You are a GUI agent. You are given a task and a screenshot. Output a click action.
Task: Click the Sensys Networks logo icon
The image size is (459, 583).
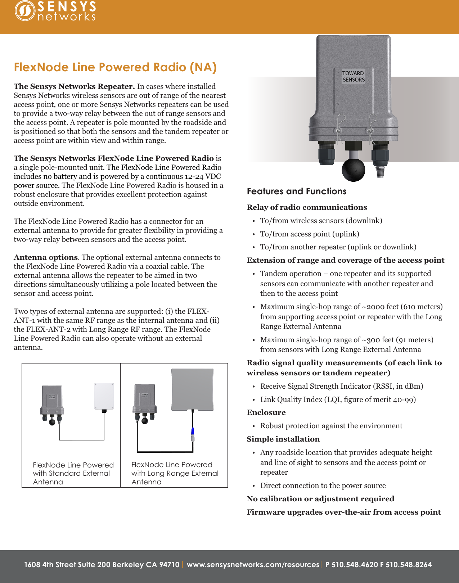point(24,11)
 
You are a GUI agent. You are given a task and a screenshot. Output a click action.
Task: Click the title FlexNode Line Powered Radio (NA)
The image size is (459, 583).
point(115,67)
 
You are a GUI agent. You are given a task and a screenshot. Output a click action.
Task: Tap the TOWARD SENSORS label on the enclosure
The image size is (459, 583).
point(353,76)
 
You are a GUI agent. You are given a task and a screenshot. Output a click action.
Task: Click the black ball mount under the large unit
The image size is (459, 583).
point(353,170)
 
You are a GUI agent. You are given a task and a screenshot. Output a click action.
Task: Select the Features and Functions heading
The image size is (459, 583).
point(296,191)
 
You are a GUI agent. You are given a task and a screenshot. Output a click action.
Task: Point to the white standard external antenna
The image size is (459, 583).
point(104,396)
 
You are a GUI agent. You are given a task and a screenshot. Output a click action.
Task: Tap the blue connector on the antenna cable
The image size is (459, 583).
point(193,431)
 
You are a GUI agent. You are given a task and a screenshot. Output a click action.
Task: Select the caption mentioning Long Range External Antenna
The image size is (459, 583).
point(175,473)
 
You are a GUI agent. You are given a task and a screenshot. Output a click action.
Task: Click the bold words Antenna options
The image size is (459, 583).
point(46,257)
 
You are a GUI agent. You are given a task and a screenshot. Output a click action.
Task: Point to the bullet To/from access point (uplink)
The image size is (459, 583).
point(310,234)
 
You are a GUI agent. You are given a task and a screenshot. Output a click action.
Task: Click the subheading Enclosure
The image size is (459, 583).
point(266,412)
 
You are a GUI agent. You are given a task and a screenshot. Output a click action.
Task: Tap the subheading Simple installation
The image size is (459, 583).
point(283,439)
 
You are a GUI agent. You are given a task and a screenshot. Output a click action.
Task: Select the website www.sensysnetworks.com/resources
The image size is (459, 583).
point(253,565)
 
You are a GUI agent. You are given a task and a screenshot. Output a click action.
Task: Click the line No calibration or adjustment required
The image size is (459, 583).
point(320,499)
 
